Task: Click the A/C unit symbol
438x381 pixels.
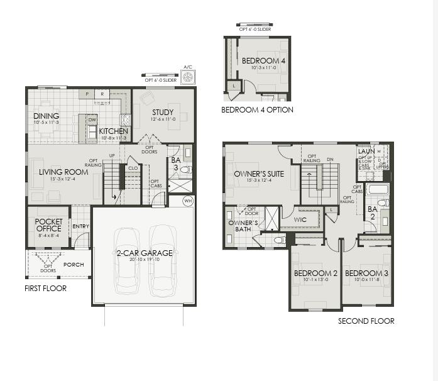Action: coord(187,78)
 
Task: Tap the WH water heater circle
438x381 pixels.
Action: coord(189,201)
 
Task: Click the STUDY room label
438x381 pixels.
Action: coord(162,113)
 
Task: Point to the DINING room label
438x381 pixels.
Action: coord(47,116)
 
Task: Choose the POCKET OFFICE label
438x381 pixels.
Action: coord(48,225)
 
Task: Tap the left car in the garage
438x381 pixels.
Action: coord(126,259)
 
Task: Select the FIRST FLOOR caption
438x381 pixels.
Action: coord(45,289)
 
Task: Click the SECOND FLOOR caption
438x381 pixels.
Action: coord(366,321)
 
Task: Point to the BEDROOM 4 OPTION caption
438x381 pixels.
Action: coord(257,110)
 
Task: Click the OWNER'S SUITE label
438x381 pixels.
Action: coord(259,174)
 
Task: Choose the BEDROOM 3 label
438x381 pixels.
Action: coord(366,273)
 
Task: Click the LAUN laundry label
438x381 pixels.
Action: coord(366,152)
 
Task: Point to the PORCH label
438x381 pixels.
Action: coord(74,265)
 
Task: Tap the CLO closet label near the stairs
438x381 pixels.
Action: coord(133,168)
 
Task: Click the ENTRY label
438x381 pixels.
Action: coord(80,226)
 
